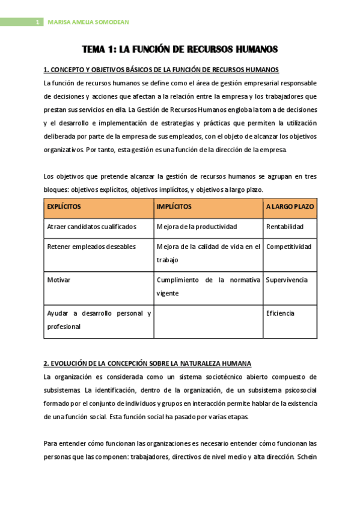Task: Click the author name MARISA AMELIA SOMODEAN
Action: [88, 23]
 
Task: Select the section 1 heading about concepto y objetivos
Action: [161, 70]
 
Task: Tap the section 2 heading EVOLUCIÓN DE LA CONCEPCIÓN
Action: [147, 364]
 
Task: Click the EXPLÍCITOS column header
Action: [64, 206]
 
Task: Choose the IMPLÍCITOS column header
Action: [174, 206]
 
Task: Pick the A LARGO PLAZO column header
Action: [290, 206]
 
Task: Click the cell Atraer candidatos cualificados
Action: [91, 227]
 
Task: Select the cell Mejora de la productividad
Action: [197, 227]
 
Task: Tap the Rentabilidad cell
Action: [284, 227]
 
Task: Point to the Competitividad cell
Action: [288, 247]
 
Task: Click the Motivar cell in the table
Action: [59, 280]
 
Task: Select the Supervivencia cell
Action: [287, 280]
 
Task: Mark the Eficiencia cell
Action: [280, 313]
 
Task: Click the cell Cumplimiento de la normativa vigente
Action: [208, 286]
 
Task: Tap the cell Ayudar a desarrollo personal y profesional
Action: [99, 320]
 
